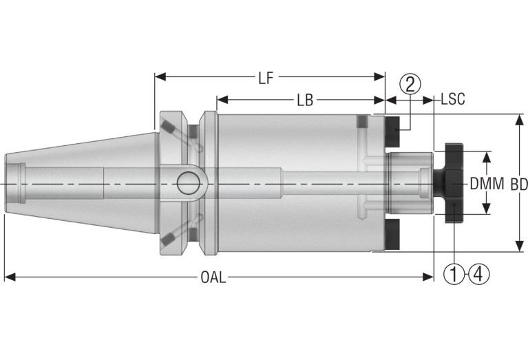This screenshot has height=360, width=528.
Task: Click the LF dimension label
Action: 266,78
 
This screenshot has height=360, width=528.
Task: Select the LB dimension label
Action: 305,100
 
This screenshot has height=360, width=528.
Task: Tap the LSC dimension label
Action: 452,100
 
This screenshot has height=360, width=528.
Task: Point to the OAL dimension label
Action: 213,277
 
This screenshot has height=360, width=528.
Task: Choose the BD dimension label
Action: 520,184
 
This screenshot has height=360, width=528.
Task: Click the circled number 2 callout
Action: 410,85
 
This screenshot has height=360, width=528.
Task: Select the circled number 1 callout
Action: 454,275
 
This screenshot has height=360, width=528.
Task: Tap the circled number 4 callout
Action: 478,275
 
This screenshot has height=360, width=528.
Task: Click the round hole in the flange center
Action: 187,183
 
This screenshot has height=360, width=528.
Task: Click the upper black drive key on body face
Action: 393,133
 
